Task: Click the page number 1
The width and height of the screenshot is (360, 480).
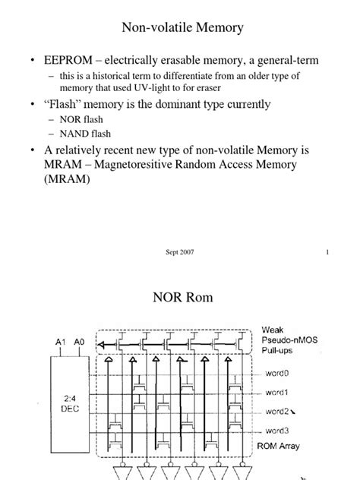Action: [x=327, y=253]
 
